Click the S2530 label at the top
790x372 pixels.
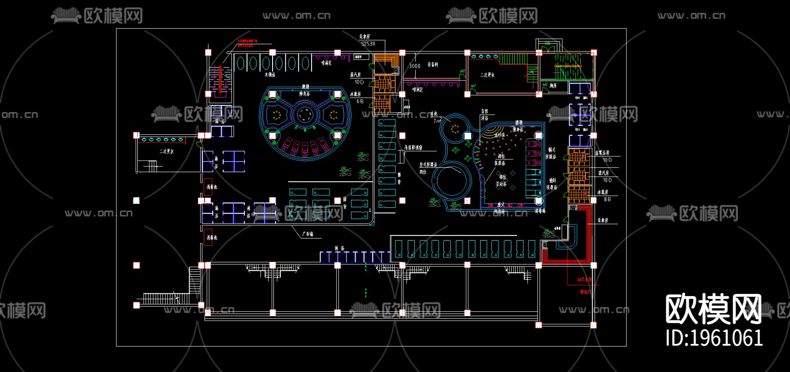pos(368,44)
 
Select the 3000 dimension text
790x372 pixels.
pos(414,66)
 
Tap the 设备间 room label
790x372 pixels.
pos(433,65)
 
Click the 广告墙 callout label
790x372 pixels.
pos(308,234)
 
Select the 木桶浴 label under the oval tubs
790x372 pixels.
pos(270,75)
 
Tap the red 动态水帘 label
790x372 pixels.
pos(584,279)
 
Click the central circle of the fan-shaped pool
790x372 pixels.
pos(305,115)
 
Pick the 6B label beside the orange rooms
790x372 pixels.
pos(360,101)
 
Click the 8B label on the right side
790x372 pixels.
pos(607,199)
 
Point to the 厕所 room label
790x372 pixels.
pos(553,86)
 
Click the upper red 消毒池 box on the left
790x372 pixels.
pos(208,187)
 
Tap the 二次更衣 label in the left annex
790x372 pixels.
pos(166,152)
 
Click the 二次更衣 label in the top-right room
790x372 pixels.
pos(487,75)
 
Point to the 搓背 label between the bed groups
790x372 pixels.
pos(345,203)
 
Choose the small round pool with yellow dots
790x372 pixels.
pos(455,128)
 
